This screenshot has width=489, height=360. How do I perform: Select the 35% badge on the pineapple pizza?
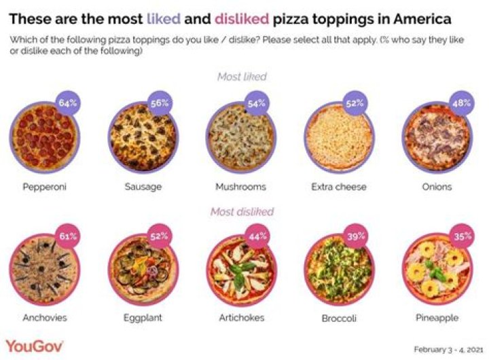coord(462,237)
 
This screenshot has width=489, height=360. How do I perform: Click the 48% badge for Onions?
coord(462,104)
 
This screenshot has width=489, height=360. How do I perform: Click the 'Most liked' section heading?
coord(242,77)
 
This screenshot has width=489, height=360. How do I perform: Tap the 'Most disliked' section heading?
coord(242,211)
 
